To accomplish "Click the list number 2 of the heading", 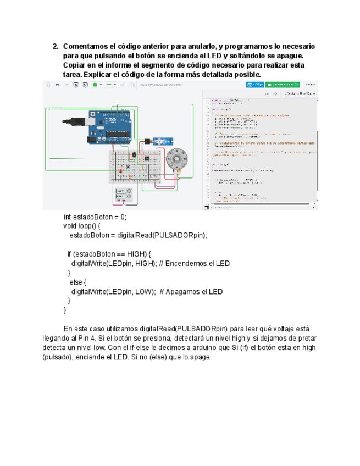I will click(56, 46).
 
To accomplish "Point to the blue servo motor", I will click(163, 141).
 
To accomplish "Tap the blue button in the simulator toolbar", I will click(255, 85).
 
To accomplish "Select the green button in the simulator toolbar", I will click(283, 85).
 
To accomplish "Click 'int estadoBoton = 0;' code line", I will click(95, 217).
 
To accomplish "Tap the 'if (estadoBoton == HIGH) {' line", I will click(109, 254).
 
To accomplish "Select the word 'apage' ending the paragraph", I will click(201, 357).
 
